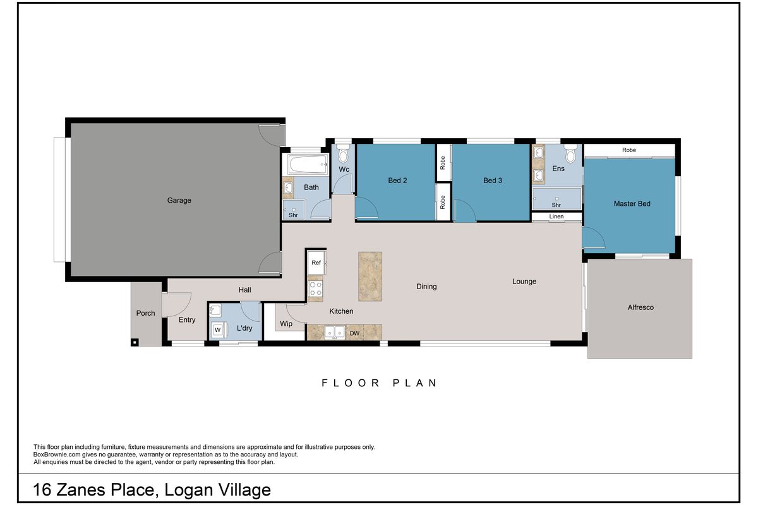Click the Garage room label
pos(179,200)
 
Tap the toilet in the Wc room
pos(343,154)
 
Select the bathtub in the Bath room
pos(308,164)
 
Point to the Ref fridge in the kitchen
pos(316,263)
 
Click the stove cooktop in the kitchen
pos(316,288)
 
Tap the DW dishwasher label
pos(354,333)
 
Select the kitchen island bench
pos(370,276)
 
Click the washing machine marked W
pos(218,330)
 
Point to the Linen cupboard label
pos(556,217)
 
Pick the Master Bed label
pos(632,204)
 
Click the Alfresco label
pos(641,307)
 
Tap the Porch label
pos(145,313)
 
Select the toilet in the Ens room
pos(570,154)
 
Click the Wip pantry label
pos(286,324)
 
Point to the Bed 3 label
pos(493,181)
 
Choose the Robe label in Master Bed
pos(629,150)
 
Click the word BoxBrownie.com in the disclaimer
pos(56,454)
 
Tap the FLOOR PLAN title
pos(379,383)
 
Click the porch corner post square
pos(135,343)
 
